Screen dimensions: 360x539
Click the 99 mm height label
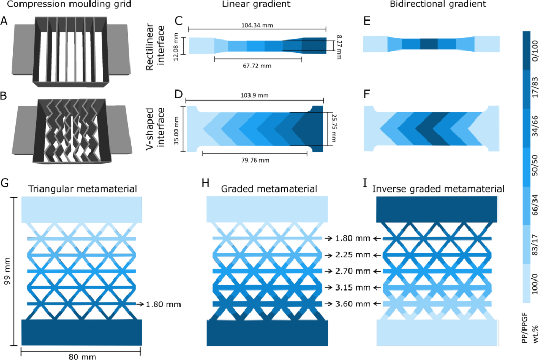tap(6, 271)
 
